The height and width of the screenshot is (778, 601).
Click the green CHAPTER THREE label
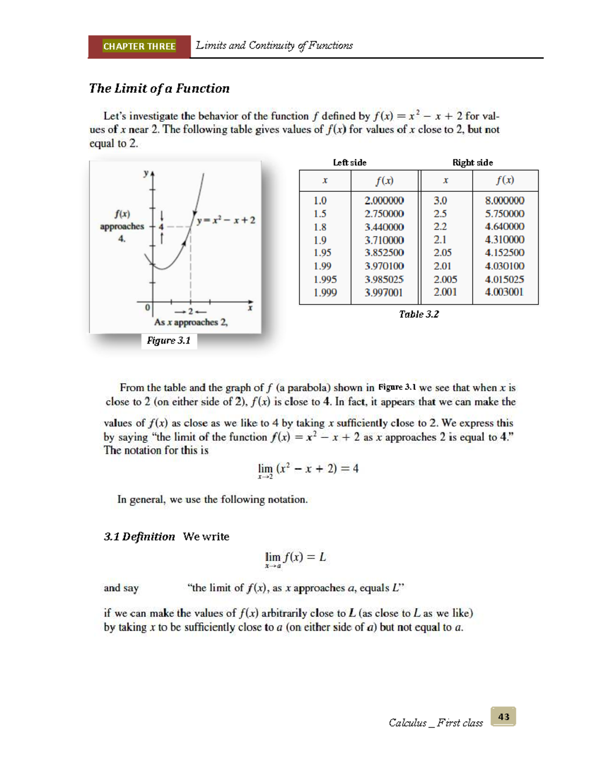[x=139, y=46]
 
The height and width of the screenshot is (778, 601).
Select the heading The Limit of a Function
[x=159, y=89]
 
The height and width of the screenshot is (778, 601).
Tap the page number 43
[x=503, y=716]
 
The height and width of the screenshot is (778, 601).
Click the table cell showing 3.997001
[x=384, y=293]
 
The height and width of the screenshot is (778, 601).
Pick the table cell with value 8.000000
[x=504, y=200]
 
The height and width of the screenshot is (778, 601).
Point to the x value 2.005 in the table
[x=445, y=280]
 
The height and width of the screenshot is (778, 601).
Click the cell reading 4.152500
[x=504, y=253]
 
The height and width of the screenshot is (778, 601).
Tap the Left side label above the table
[x=350, y=162]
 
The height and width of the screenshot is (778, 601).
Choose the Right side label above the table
[x=472, y=162]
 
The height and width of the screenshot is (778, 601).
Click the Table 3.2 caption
[x=419, y=314]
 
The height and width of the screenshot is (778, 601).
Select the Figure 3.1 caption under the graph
[x=169, y=341]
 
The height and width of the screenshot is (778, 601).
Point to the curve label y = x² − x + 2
[x=226, y=220]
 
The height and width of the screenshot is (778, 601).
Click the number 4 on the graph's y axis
[x=161, y=227]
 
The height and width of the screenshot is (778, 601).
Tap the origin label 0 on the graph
[x=147, y=307]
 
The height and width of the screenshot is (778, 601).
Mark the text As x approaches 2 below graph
[x=191, y=322]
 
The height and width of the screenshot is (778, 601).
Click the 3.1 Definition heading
[x=139, y=537]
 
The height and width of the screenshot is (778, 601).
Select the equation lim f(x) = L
[x=295, y=558]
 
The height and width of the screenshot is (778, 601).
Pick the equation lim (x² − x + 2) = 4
[x=308, y=469]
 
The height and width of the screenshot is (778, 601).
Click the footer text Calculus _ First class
[x=436, y=722]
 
